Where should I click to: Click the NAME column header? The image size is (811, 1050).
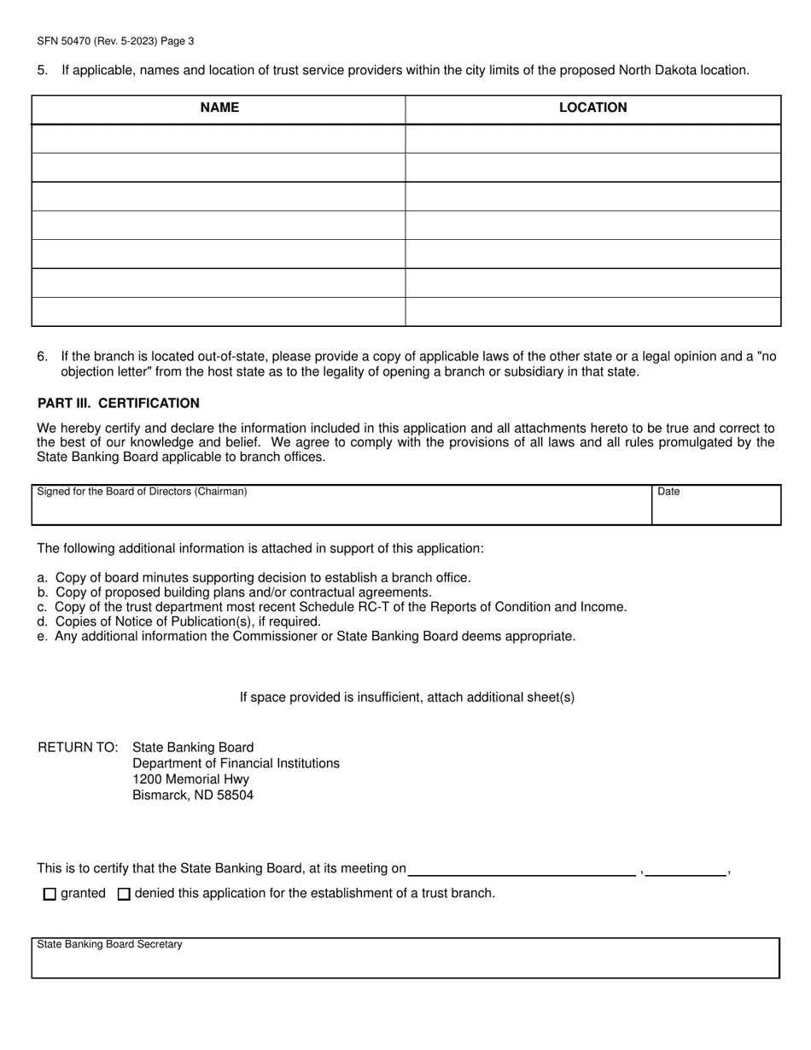click(x=219, y=108)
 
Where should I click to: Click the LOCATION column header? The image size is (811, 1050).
click(x=592, y=108)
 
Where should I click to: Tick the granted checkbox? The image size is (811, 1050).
click(x=50, y=895)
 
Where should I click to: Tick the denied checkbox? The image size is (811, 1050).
click(x=124, y=895)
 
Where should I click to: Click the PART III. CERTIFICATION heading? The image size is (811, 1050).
click(x=119, y=403)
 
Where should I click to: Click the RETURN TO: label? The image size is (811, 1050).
click(x=78, y=747)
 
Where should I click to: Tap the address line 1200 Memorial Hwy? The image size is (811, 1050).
click(x=191, y=779)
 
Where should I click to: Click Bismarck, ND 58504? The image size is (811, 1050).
click(x=193, y=795)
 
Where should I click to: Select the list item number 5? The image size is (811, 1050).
click(x=42, y=70)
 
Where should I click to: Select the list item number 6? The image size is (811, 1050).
click(x=42, y=356)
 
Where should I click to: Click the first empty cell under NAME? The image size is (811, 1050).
click(x=219, y=139)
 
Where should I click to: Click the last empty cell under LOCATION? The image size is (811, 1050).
click(x=592, y=312)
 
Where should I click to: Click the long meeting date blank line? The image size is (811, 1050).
click(x=522, y=869)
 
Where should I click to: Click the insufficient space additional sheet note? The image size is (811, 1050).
click(x=406, y=697)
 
